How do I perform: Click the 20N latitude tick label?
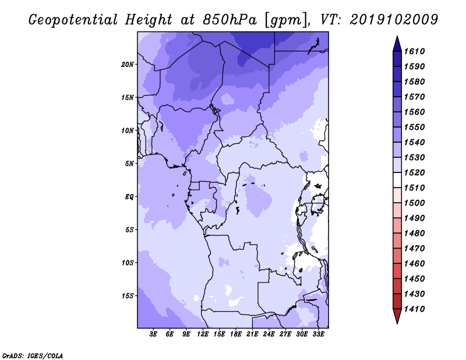point(128,65)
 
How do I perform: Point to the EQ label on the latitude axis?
point(129,197)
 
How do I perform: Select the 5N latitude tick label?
point(129,164)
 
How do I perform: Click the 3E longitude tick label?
point(153,334)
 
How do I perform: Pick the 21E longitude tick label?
point(252,334)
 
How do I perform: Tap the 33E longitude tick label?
point(318,334)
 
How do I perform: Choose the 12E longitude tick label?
point(202,334)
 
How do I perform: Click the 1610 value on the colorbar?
point(414,51)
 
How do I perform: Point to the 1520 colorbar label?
point(414,172)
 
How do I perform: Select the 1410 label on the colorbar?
point(414,309)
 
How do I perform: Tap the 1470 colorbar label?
point(414,249)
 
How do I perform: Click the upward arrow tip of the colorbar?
point(397,37)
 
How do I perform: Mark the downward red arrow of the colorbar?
point(397,316)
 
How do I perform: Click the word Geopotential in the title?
point(73,20)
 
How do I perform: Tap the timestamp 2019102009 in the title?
point(394,19)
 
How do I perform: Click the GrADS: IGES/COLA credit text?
point(33,356)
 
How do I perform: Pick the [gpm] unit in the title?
point(287,20)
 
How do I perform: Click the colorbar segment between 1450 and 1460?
point(397,271)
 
